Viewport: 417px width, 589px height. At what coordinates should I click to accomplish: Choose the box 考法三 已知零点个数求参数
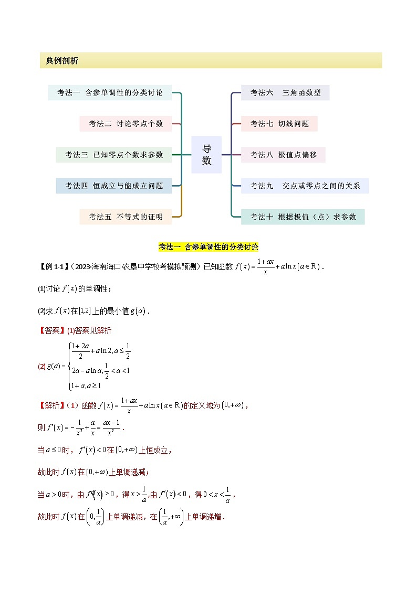point(114,155)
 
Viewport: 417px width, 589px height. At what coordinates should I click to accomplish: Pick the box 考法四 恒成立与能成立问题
point(114,186)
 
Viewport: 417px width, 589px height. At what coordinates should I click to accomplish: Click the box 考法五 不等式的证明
point(126,217)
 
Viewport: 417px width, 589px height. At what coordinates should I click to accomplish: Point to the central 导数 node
point(206,155)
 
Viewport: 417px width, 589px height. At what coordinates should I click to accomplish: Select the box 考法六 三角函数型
point(285,93)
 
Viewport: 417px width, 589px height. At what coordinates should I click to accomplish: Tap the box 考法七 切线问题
point(279,124)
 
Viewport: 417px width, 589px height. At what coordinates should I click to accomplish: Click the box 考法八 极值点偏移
point(283,155)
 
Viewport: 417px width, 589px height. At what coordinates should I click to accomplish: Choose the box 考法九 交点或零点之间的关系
point(305,186)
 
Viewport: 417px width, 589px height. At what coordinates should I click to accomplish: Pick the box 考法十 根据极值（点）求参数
point(303,217)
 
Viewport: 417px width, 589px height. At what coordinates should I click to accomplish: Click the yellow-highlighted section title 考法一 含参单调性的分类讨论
point(208,247)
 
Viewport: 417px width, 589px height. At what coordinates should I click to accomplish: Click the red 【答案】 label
point(52,330)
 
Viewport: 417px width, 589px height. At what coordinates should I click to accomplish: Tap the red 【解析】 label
point(52,405)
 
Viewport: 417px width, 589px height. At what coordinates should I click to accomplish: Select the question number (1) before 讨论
point(42,289)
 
